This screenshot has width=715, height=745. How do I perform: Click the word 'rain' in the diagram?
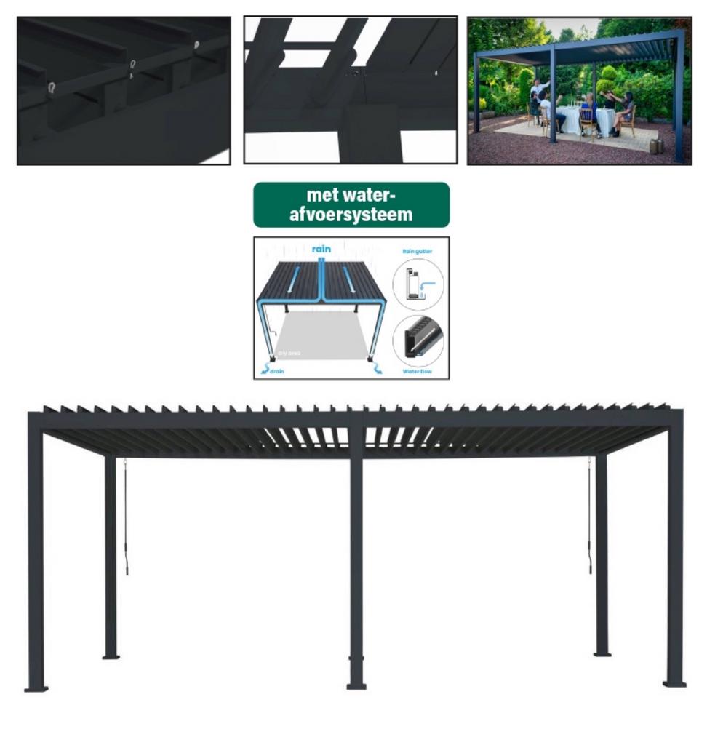point(321,249)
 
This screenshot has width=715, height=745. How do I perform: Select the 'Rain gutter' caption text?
point(418,251)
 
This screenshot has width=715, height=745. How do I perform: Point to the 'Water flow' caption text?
point(418,372)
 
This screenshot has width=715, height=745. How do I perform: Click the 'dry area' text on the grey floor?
point(289,354)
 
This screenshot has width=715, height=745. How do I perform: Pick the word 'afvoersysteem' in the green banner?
point(351,215)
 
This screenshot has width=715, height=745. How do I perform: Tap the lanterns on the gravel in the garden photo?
point(656,146)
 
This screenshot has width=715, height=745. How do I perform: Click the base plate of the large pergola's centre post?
point(356,685)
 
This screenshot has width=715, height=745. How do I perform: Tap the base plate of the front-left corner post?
point(36,688)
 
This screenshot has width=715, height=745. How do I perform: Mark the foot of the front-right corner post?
point(674,683)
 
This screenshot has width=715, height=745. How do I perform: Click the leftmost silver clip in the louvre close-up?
point(51,88)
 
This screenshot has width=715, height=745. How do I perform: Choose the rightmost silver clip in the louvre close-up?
point(196,45)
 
